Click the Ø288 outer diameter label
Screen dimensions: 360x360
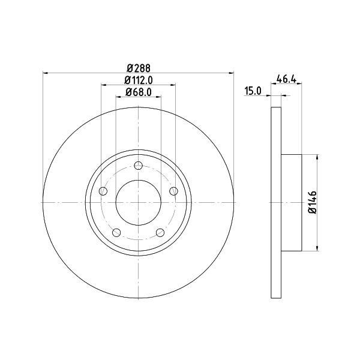pos(139,68)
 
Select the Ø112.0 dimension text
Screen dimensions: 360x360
pos(139,80)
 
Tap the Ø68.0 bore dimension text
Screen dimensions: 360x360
pos(139,92)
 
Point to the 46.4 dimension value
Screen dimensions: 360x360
pos(286,79)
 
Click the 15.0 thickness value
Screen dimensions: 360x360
pos(253,91)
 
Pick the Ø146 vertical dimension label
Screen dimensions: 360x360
pos(313,203)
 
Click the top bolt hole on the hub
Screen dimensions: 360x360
pos(138,166)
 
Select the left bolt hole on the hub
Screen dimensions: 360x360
pos(103,191)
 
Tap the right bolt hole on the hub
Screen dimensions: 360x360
pos(173,191)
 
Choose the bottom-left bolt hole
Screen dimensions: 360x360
pos(116,233)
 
